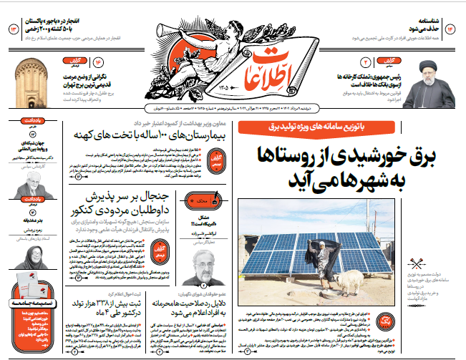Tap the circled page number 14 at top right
(x=450, y=29)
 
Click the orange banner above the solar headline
(x=312, y=127)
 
